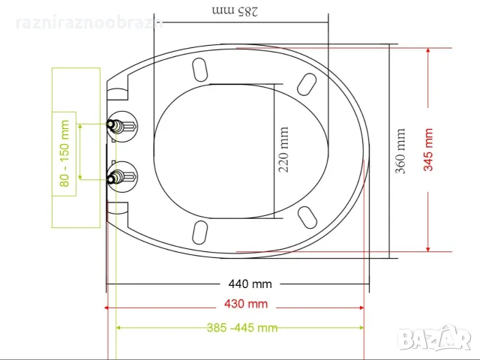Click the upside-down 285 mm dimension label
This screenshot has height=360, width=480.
(x=235, y=10)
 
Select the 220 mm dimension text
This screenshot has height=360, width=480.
(x=283, y=150)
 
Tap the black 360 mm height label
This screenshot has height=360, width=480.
(x=400, y=151)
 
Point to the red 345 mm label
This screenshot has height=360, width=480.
(x=428, y=150)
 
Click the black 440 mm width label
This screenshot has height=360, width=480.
(x=250, y=284)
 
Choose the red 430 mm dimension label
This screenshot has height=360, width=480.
(x=246, y=304)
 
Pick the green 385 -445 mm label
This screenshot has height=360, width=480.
(x=242, y=328)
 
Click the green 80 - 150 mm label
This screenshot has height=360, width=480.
(x=64, y=154)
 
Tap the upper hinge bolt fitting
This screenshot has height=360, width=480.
(x=122, y=126)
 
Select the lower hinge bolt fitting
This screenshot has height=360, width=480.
(x=122, y=177)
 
